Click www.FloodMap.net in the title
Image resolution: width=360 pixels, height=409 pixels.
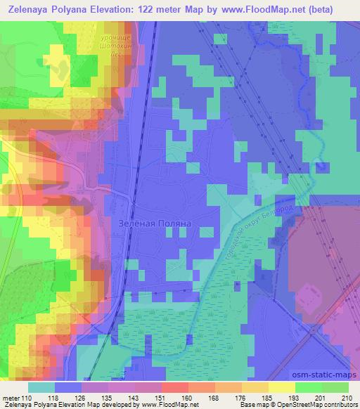[247, 9]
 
